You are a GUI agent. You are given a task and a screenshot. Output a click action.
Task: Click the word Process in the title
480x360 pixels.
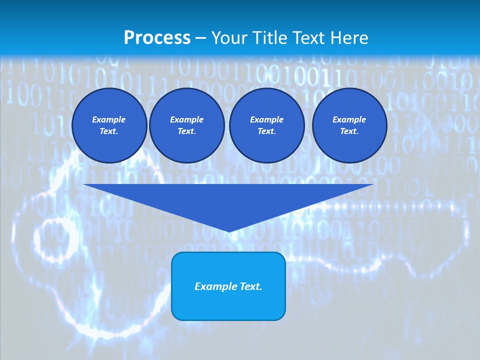click(157, 38)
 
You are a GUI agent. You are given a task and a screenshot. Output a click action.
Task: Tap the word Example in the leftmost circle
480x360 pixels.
click(109, 119)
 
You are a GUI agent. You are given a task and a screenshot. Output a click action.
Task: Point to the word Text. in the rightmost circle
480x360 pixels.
click(349, 131)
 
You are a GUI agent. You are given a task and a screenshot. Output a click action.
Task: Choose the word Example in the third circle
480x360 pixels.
click(267, 119)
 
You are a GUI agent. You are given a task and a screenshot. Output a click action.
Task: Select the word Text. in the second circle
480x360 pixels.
click(187, 131)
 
